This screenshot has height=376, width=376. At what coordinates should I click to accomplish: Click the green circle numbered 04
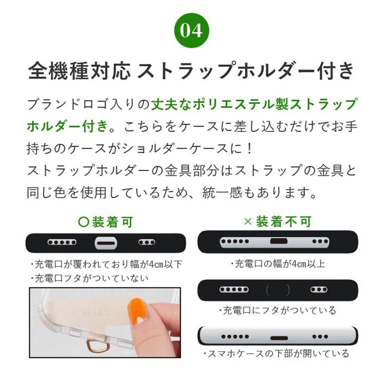tap(191, 31)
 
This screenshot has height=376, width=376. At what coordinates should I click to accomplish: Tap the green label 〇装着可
tap(105, 222)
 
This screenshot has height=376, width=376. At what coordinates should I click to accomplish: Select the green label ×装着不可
tap(277, 221)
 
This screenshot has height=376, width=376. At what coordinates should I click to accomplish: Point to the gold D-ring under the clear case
tap(98, 346)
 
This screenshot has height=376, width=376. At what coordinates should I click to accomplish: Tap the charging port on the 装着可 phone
tap(106, 243)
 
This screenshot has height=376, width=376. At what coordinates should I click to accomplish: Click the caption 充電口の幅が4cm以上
tap(278, 264)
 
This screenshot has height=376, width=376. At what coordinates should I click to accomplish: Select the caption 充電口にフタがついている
tap(277, 310)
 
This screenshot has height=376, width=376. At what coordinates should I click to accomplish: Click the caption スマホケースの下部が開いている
tap(276, 354)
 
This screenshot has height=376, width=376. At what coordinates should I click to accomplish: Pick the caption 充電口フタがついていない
tap(90, 278)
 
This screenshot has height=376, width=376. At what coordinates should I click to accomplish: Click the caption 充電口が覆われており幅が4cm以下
tap(107, 264)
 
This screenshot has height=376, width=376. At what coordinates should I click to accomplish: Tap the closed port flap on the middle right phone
tap(278, 290)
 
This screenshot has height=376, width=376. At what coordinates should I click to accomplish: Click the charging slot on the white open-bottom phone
tap(279, 338)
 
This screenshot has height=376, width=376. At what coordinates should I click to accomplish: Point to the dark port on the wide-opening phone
tap(279, 241)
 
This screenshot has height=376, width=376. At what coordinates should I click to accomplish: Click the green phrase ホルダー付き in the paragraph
tap(67, 126)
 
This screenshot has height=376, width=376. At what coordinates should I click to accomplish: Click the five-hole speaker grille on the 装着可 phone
tap(62, 242)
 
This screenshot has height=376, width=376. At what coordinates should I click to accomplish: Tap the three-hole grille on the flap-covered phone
tap(319, 290)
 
